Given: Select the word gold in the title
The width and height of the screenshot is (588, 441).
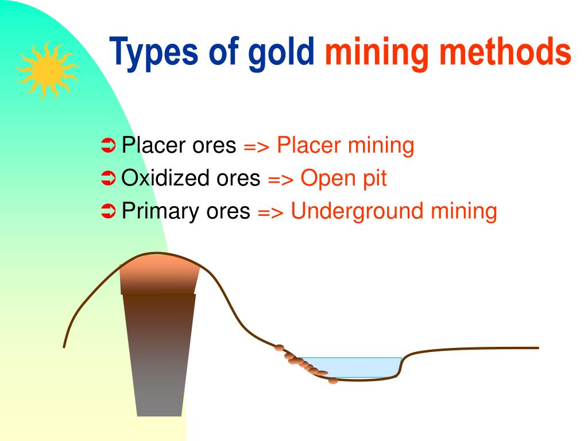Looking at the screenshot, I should (x=281, y=52).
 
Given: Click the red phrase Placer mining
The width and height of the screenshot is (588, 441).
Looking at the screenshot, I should (x=345, y=146).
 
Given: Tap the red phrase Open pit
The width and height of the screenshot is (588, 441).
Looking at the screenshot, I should (x=343, y=179).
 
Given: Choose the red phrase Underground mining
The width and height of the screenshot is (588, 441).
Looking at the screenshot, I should (x=393, y=211).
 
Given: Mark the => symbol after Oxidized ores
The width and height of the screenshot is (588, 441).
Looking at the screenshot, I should (x=281, y=180).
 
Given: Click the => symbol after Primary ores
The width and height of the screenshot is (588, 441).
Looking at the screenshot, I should (x=271, y=212).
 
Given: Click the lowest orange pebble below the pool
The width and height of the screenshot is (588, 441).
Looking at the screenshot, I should (x=333, y=381).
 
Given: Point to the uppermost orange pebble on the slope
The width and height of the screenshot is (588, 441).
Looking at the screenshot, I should (x=279, y=347).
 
